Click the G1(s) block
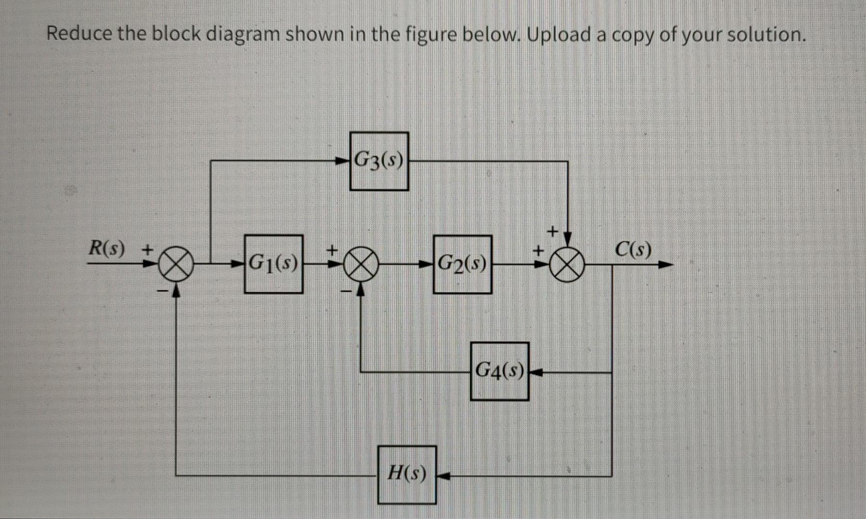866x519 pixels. (273, 264)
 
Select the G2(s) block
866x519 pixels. (462, 264)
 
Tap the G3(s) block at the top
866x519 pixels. (379, 161)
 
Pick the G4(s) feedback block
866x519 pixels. (499, 371)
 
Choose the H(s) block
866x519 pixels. (407, 475)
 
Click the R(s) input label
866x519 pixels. (107, 249)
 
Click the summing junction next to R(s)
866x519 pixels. (177, 264)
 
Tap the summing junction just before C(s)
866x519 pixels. (568, 264)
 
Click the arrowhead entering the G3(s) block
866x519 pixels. (343, 161)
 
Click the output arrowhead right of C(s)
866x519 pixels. (666, 264)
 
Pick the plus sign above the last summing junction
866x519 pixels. (553, 232)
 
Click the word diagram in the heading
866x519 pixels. (243, 34)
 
